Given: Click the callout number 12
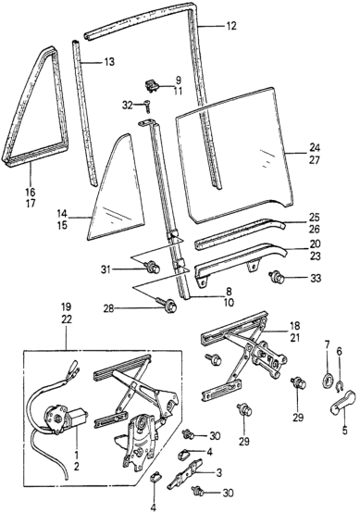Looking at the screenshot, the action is click(x=230, y=26).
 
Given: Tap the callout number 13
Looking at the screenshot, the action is click(x=109, y=61).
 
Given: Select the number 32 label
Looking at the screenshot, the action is click(x=128, y=106).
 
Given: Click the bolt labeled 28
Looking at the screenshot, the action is click(x=168, y=307).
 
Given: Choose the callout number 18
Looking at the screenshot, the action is click(x=294, y=326).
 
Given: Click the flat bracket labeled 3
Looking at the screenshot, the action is click(x=186, y=474).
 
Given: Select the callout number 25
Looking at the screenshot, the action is click(x=315, y=218).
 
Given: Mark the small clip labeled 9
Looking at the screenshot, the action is click(x=152, y=86).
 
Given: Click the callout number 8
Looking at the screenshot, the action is click(x=229, y=291).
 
